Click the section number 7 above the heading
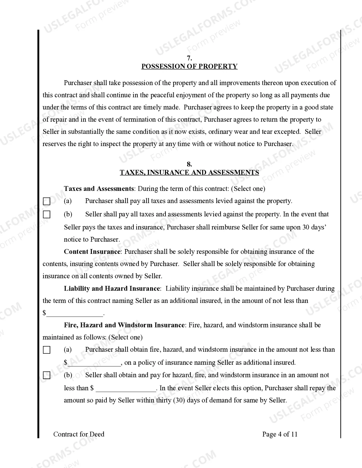(189, 58)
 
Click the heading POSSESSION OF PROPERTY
(189, 66)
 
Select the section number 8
(189, 164)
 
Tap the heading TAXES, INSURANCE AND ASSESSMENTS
(189, 172)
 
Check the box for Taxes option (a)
(47, 201)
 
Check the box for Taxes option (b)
(47, 214)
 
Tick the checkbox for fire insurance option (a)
(47, 350)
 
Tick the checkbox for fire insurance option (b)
(47, 376)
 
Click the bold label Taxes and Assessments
(99, 189)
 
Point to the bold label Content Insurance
(92, 252)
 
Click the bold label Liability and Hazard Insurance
(112, 288)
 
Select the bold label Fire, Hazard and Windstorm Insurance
(124, 325)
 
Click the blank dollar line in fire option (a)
(94, 363)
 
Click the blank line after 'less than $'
(126, 389)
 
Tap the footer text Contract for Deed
(79, 434)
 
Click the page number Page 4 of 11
(280, 434)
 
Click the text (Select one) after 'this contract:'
(248, 189)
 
